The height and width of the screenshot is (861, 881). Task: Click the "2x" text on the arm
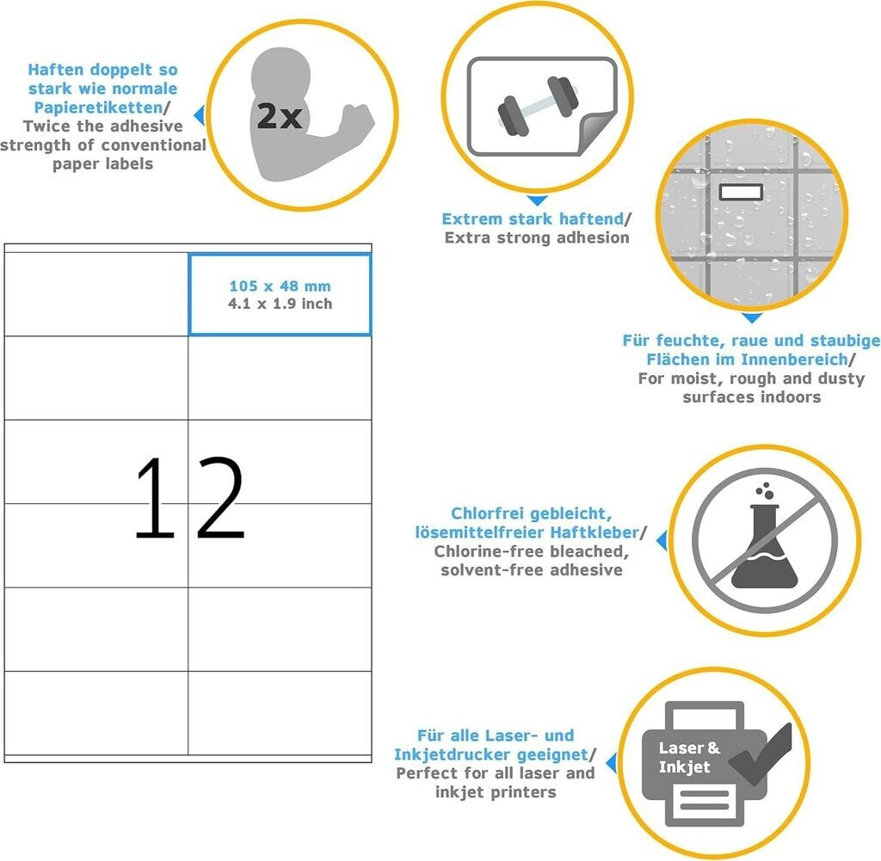[280, 116]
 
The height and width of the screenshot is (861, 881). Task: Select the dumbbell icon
[538, 106]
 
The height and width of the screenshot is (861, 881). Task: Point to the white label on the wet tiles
[741, 192]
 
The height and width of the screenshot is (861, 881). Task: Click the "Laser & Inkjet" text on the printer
[689, 757]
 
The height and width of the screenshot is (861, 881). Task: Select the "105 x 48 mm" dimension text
[280, 286]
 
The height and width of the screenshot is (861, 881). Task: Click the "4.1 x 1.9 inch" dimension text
[280, 304]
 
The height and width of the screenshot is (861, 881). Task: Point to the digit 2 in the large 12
[220, 498]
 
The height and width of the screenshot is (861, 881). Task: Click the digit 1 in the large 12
[157, 498]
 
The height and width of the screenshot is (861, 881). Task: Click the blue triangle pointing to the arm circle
[200, 115]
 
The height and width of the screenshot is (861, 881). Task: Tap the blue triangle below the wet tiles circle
[752, 318]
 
